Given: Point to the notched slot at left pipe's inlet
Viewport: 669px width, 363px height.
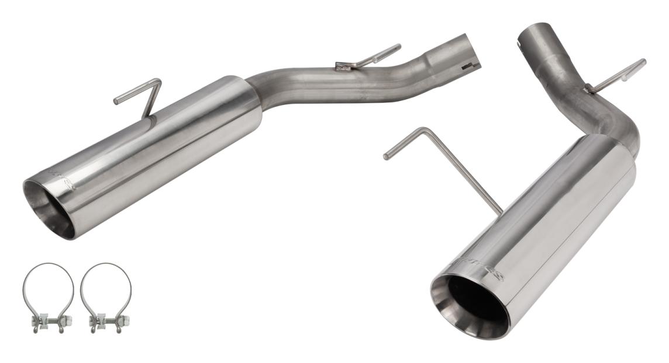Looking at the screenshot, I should [469, 66].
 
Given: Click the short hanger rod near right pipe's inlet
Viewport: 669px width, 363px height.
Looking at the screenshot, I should [617, 75].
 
